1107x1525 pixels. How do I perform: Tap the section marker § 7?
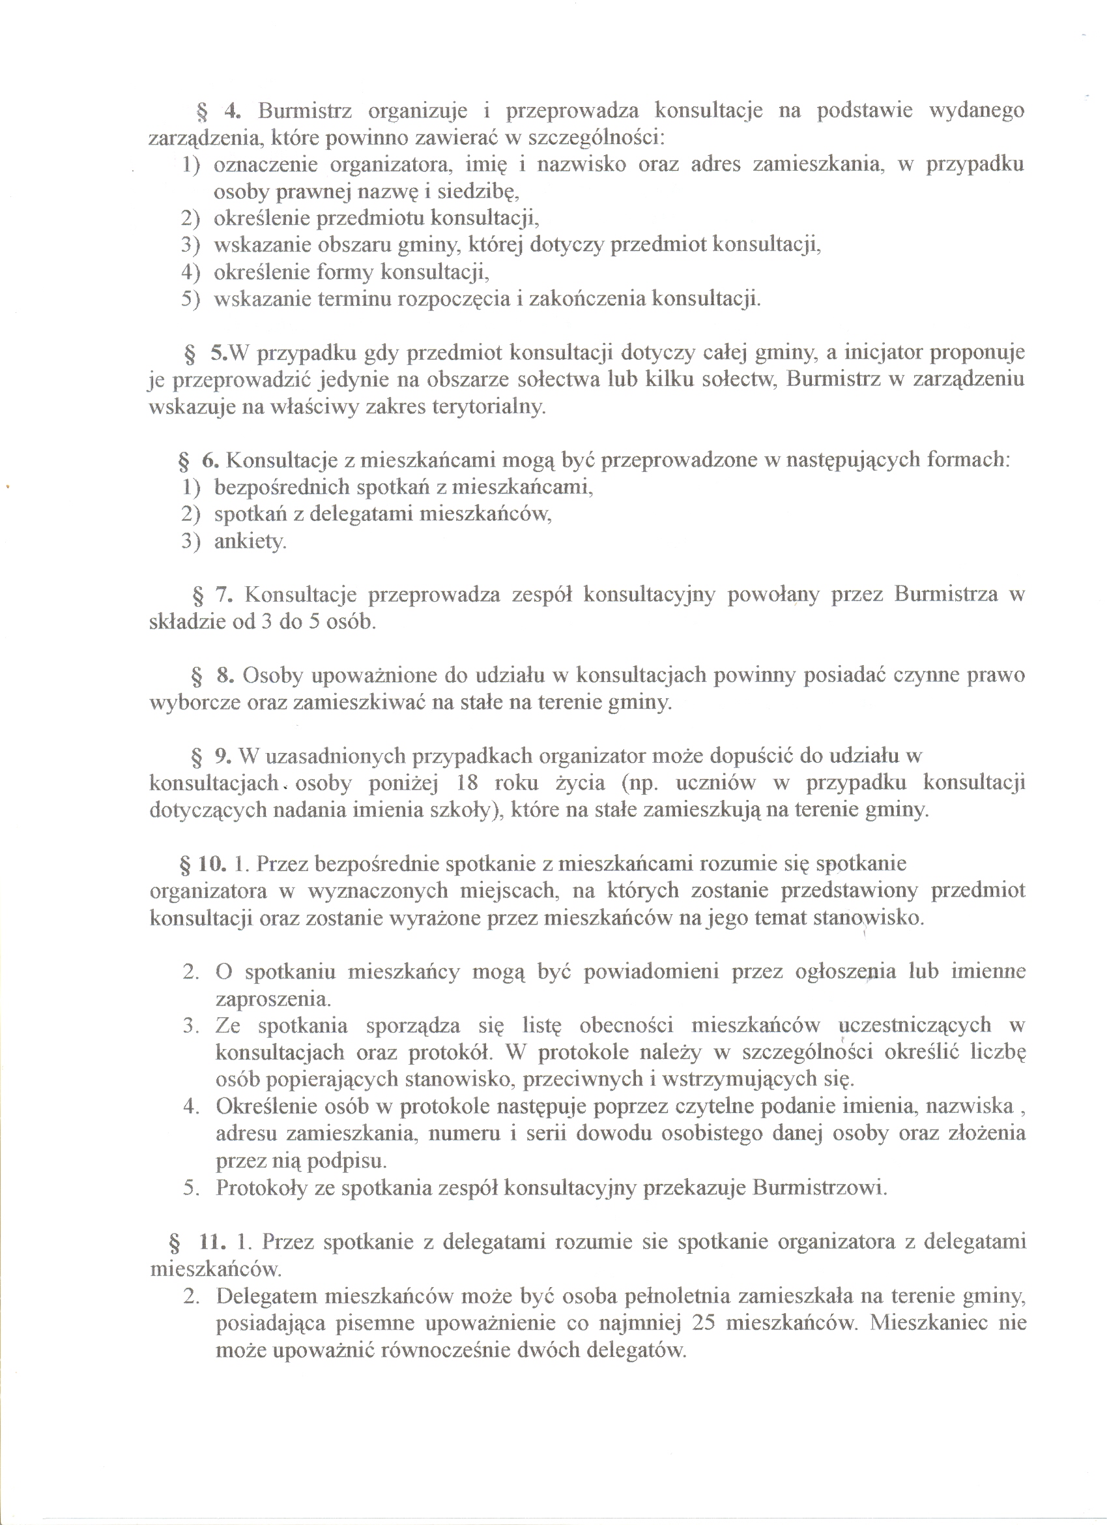(212, 595)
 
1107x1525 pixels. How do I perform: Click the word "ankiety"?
(250, 542)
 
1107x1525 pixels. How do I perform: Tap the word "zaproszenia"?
(274, 999)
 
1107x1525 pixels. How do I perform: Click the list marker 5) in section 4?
(190, 299)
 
